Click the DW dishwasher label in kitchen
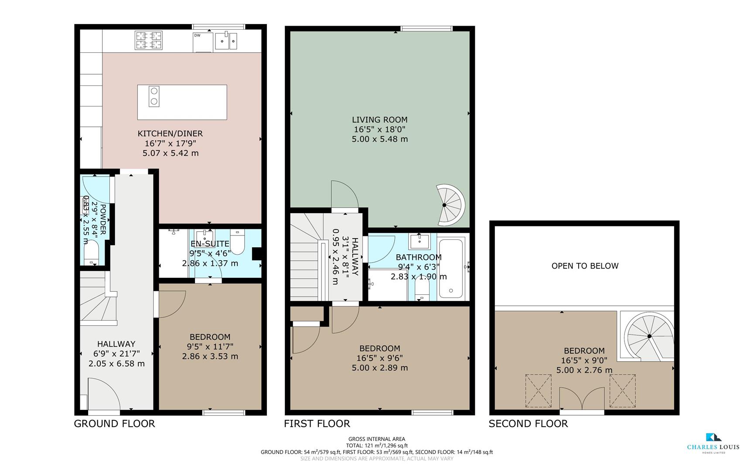pos(197,36)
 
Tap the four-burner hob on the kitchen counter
pos(149,40)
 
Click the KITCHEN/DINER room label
pos(170,133)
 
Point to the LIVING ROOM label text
pos(379,119)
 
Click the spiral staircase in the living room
pos(449,205)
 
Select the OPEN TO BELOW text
pos(585,266)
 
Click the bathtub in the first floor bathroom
pos(451,268)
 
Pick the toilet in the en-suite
pos(238,242)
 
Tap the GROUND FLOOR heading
pos(114,423)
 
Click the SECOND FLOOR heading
pos(528,423)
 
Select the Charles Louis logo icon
pos(713,437)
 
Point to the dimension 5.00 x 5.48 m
pos(379,139)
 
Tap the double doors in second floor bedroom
pos(582,398)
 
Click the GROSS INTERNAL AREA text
pos(376,439)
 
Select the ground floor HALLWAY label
pos(116,344)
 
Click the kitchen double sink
pos(226,41)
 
